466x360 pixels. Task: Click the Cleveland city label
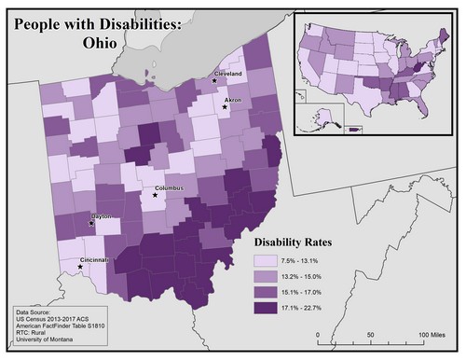[228, 73]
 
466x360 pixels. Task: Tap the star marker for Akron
[226, 107]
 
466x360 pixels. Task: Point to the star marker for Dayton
[91, 224]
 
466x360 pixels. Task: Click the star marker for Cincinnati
[80, 267]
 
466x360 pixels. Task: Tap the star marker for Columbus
[155, 196]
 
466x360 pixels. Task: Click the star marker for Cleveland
[215, 81]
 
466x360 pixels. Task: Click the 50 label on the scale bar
[371, 335]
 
